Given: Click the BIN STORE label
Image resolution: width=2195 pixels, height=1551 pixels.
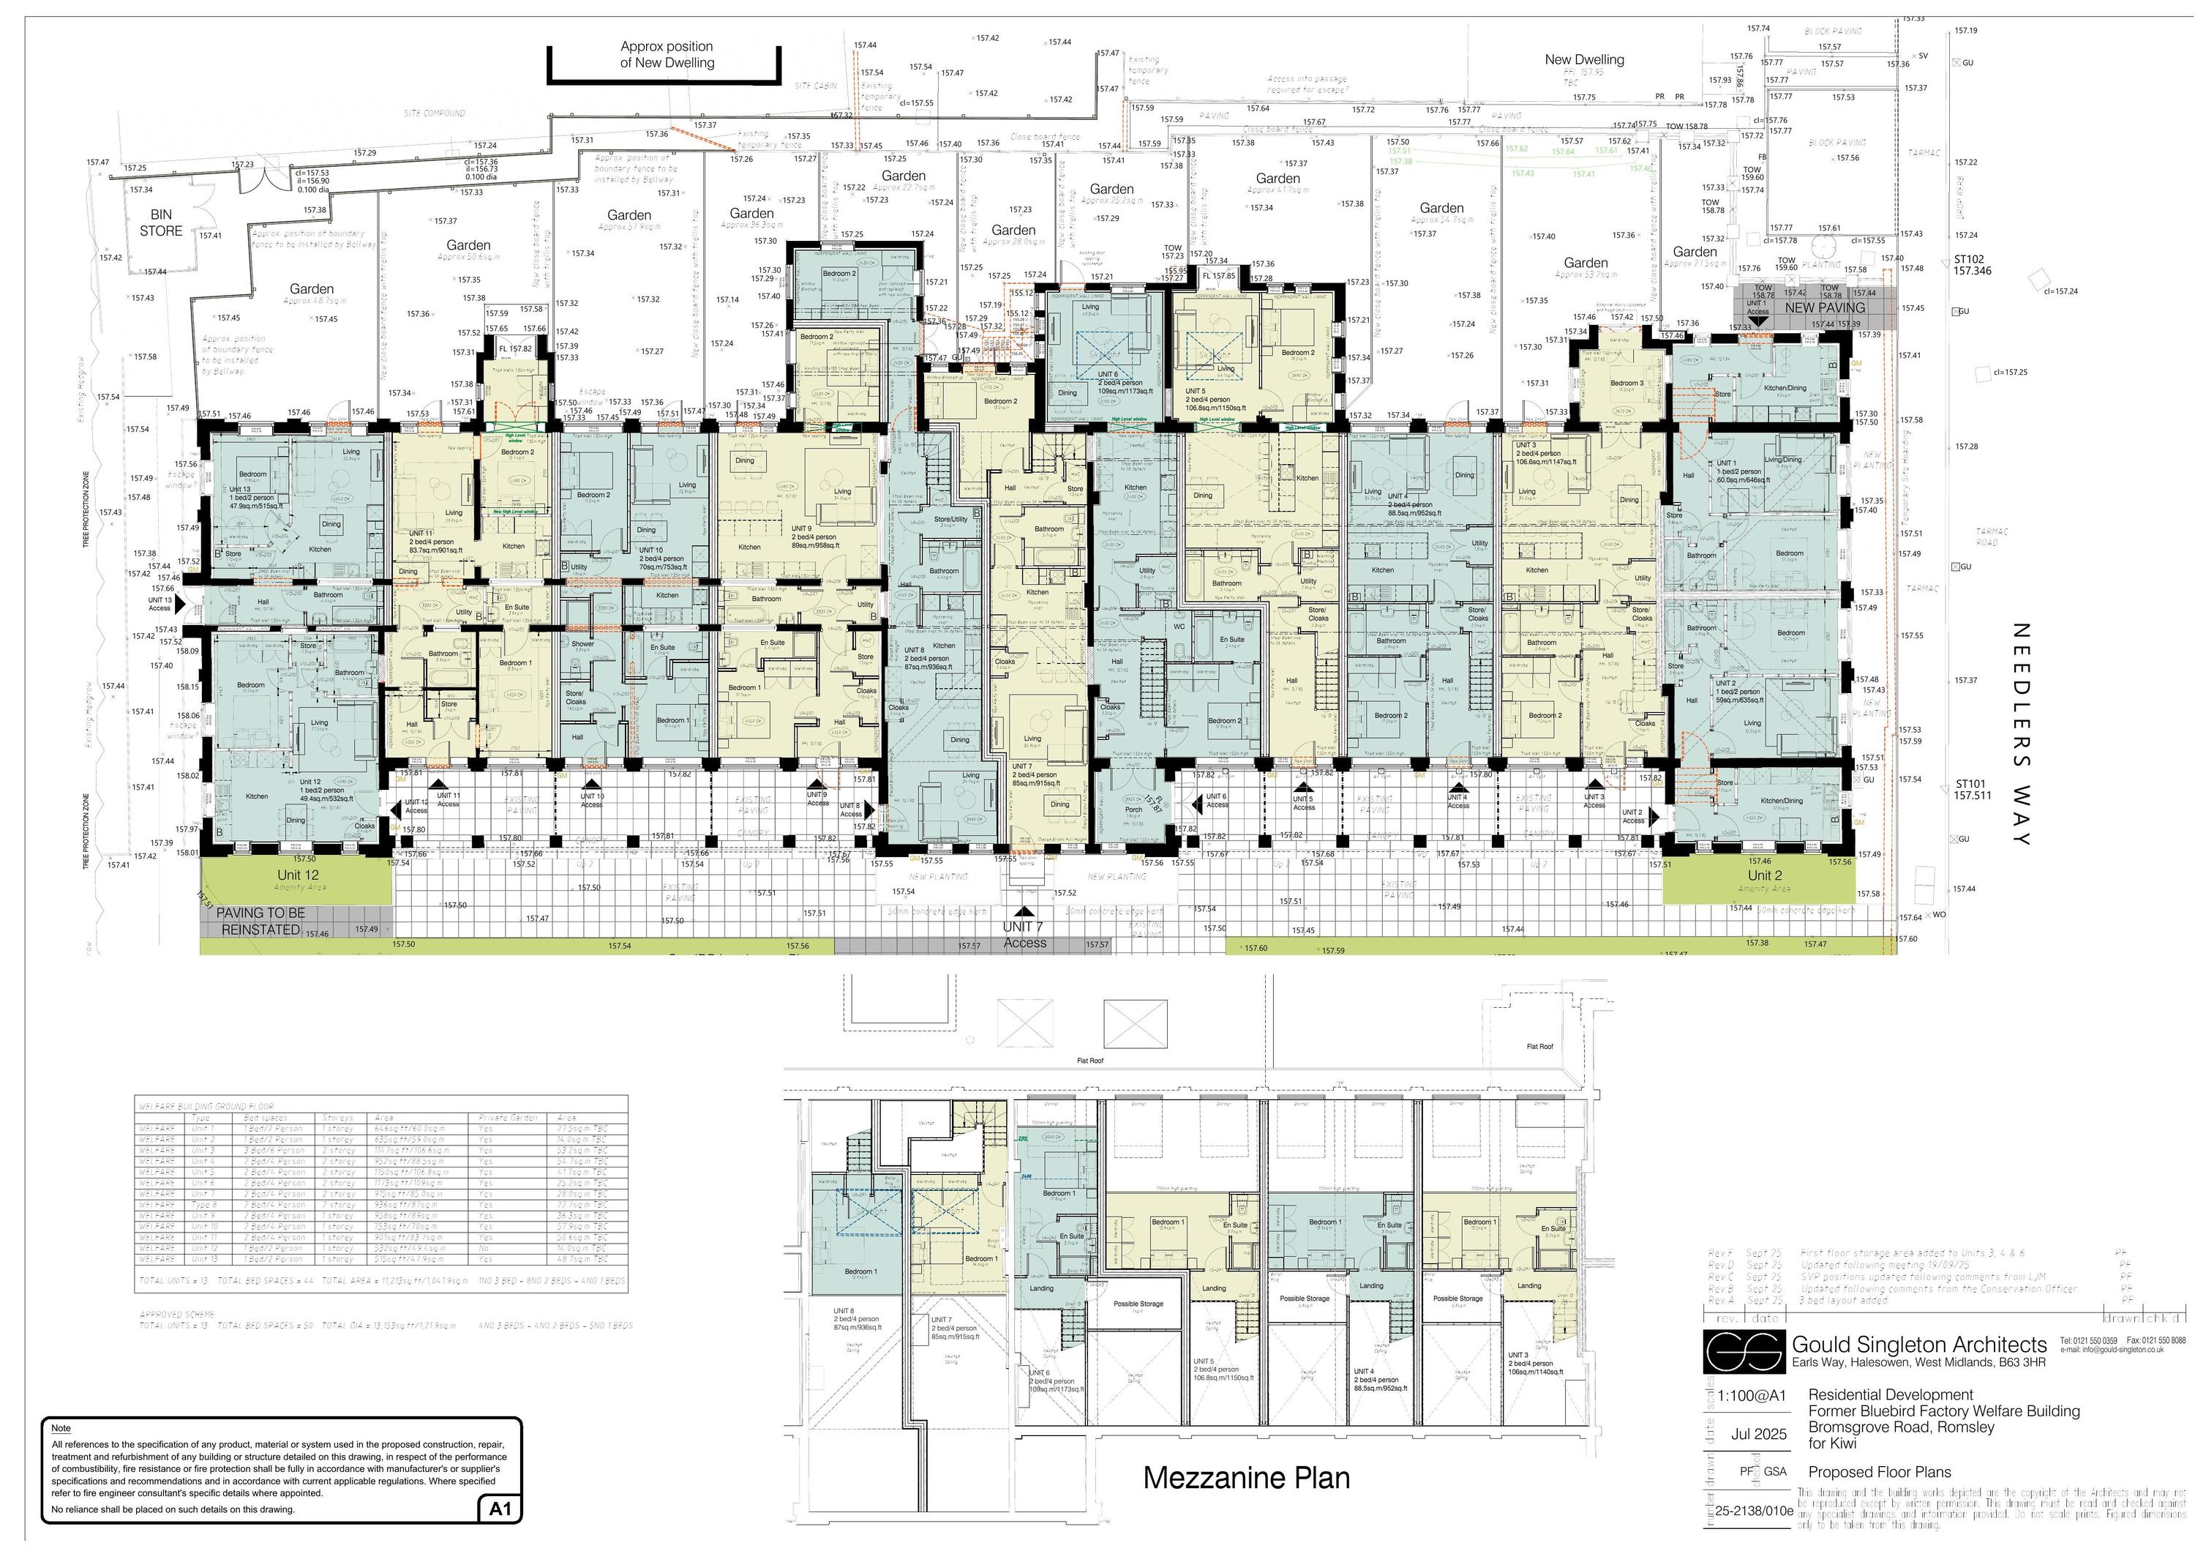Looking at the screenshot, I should [x=161, y=223].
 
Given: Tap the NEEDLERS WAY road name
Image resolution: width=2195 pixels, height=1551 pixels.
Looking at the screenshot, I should [x=2020, y=734].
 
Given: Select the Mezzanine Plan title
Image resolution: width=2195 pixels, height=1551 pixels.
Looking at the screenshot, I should [x=1246, y=1477].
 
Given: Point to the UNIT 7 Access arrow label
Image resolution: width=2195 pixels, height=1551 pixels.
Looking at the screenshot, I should [x=1024, y=934].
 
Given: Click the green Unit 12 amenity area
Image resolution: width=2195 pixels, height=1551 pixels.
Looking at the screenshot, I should [x=296, y=880].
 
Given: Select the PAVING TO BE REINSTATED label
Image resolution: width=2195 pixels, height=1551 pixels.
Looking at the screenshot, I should [x=260, y=921].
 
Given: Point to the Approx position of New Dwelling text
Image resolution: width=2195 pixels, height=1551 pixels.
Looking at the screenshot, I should [x=667, y=54].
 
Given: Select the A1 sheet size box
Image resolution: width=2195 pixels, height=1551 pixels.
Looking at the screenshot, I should [x=500, y=1509].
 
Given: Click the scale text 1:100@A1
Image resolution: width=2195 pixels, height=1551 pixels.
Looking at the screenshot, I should [x=1752, y=1395].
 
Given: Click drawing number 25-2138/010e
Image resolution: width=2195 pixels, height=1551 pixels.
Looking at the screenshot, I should [x=1753, y=1511].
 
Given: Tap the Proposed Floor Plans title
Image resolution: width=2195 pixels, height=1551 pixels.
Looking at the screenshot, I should [x=1879, y=1472].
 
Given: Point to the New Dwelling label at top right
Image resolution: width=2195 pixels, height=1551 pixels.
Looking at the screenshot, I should [x=1584, y=59].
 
